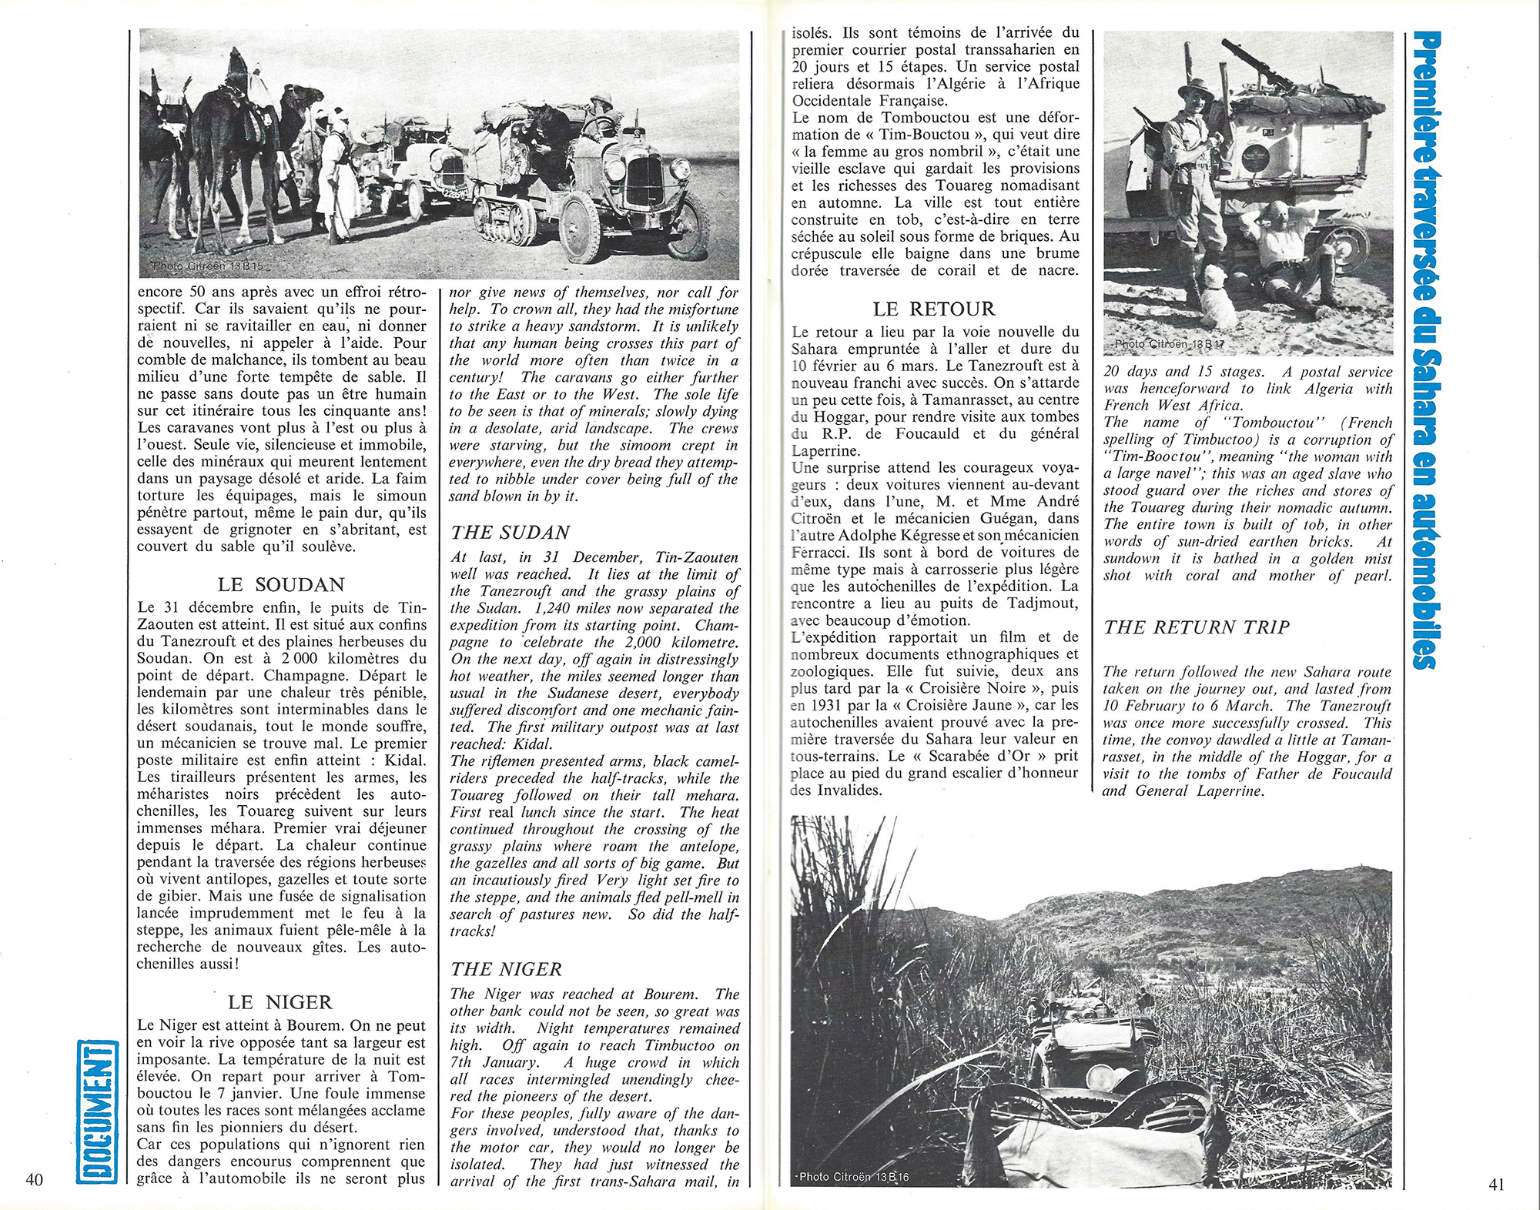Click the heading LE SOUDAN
point(280,584)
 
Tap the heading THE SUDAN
point(510,533)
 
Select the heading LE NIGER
point(280,1002)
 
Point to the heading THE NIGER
point(506,969)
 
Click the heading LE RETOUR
point(934,309)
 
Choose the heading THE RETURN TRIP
point(1197,627)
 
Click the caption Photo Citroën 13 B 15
point(208,266)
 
